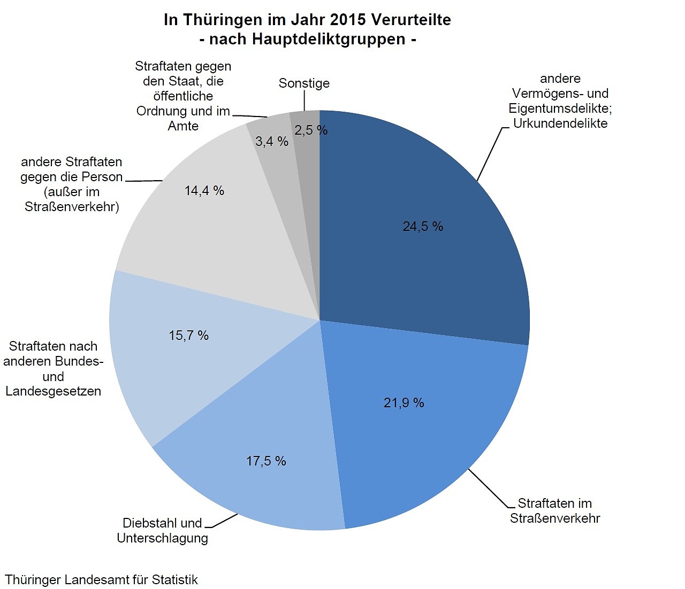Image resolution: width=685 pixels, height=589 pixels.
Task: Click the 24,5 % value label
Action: pyautogui.click(x=423, y=227)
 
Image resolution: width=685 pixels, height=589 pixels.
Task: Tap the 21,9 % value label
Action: pyautogui.click(x=404, y=402)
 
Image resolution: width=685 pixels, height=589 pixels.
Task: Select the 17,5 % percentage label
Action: pyautogui.click(x=266, y=461)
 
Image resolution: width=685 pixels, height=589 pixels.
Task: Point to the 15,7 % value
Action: pyautogui.click(x=188, y=336)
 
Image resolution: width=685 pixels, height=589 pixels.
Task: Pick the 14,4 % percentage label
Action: pyautogui.click(x=204, y=191)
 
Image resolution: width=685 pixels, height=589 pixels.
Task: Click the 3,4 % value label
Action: pyautogui.click(x=272, y=142)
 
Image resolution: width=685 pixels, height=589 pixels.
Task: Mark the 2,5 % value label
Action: pyautogui.click(x=311, y=130)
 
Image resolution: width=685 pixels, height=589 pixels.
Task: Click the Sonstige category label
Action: pyautogui.click(x=304, y=83)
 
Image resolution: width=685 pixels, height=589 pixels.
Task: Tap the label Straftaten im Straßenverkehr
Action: pyautogui.click(x=555, y=511)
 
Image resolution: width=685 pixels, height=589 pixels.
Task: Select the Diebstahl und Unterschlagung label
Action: pyautogui.click(x=162, y=530)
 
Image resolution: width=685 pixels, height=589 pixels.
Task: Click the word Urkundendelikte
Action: pyautogui.click(x=560, y=123)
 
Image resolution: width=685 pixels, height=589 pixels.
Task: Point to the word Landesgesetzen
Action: pyautogui.click(x=53, y=391)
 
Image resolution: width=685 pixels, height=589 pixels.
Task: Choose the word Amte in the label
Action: pyautogui.click(x=183, y=126)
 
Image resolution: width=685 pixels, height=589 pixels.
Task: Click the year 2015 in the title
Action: pyautogui.click(x=348, y=20)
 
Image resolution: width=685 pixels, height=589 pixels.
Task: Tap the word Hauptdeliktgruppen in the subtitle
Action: pyautogui.click(x=307, y=39)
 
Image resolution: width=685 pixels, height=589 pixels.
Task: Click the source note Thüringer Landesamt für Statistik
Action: pyautogui.click(x=101, y=579)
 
